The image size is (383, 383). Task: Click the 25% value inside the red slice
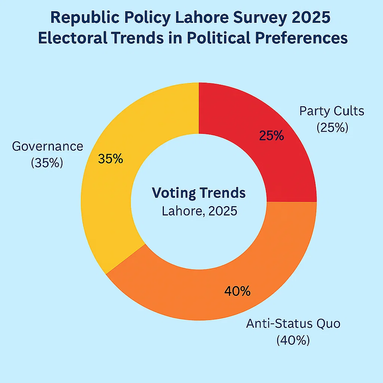(271, 136)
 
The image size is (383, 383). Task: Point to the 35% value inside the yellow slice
(110, 159)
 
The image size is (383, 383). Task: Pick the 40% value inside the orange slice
(237, 291)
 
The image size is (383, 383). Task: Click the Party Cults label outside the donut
(332, 111)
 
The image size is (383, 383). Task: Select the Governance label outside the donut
(48, 146)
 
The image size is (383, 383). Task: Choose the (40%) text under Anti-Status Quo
(293, 340)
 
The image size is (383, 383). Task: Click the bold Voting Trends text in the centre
(199, 193)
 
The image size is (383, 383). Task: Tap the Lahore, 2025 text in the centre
(199, 211)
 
